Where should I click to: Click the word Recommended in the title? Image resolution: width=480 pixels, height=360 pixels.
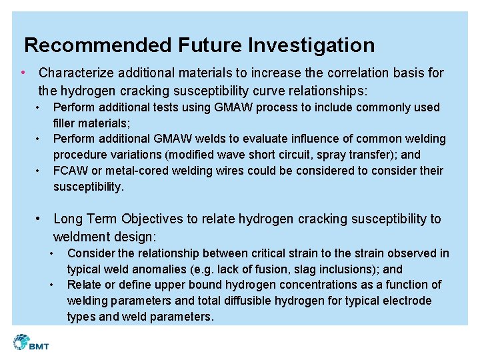point(98,45)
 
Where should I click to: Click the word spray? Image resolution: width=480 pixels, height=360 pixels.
point(343,155)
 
